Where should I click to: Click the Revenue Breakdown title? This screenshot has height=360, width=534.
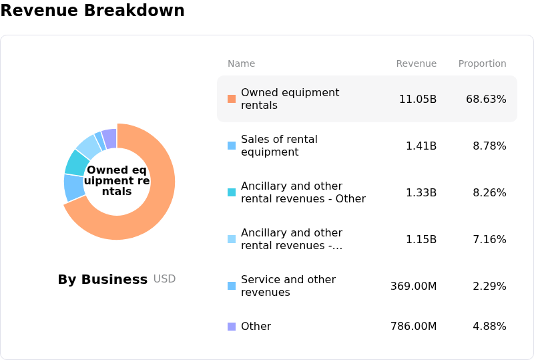click(92, 10)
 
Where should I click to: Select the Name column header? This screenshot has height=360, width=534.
click(241, 63)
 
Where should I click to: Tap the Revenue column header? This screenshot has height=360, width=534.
click(416, 63)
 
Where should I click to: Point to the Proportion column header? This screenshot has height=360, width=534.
click(482, 63)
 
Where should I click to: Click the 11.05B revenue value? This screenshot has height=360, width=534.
click(418, 100)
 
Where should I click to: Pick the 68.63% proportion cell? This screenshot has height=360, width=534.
click(486, 100)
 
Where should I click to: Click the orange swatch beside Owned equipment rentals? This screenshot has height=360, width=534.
click(232, 99)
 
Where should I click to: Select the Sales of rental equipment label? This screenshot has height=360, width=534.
click(279, 146)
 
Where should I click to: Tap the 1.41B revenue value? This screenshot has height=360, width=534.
click(421, 146)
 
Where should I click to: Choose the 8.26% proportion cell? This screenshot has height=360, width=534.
click(489, 192)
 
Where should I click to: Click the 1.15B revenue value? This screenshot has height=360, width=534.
click(421, 239)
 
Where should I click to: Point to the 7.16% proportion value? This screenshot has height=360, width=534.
click(489, 239)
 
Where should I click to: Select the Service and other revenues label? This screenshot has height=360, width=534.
click(288, 286)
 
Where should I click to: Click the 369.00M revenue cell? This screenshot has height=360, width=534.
click(413, 286)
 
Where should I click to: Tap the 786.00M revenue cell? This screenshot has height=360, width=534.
click(413, 326)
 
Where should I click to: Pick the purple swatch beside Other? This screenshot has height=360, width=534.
click(232, 327)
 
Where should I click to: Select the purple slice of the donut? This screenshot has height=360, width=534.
click(109, 139)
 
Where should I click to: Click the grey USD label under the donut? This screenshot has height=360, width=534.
click(164, 279)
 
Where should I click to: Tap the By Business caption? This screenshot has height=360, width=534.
click(103, 279)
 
